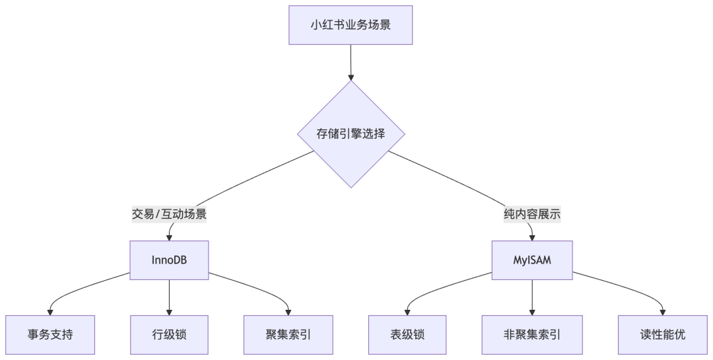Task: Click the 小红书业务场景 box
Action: click(x=351, y=25)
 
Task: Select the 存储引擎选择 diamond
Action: click(x=351, y=134)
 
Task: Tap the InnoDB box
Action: click(x=169, y=260)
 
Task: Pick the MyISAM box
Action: click(x=532, y=260)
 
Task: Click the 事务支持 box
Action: click(x=50, y=334)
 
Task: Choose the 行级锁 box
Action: click(x=169, y=334)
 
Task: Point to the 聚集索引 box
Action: click(x=288, y=334)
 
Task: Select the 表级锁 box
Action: click(x=407, y=334)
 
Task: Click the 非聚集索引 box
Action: click(x=532, y=334)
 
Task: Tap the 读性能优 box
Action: click(x=662, y=334)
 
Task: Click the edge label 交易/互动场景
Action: click(x=169, y=214)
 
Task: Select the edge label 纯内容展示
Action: click(x=532, y=214)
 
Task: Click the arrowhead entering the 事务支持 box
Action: click(x=50, y=312)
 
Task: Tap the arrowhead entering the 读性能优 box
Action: click(x=662, y=312)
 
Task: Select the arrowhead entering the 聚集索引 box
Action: click(x=289, y=312)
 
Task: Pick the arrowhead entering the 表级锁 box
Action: click(x=407, y=312)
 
